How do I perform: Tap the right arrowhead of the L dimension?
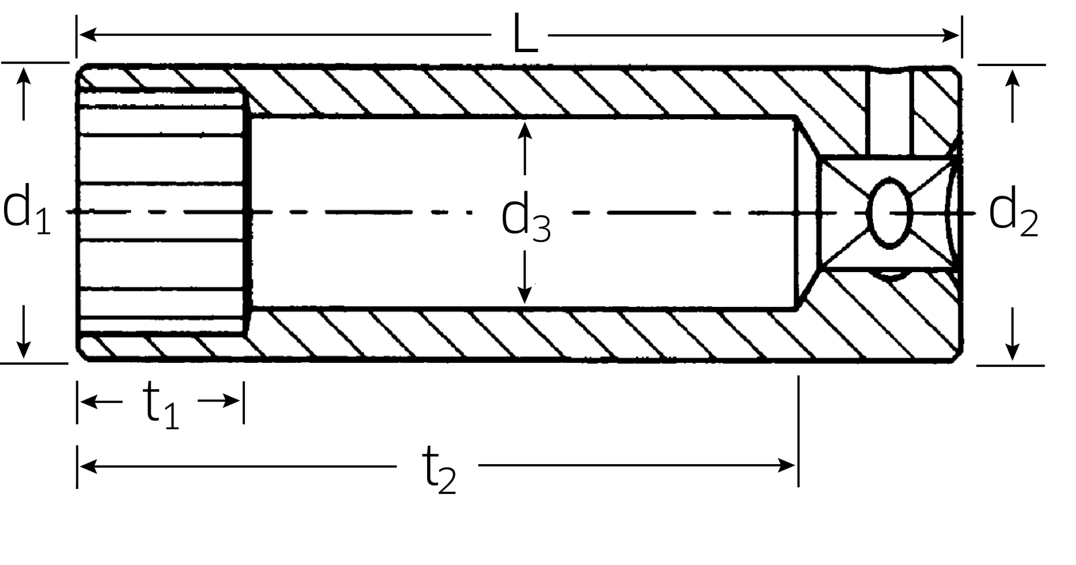(951, 35)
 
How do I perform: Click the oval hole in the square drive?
(889, 213)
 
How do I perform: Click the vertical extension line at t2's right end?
(799, 431)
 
